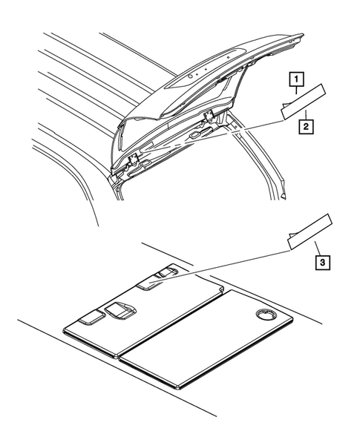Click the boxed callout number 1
[x=296, y=79]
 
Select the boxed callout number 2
[x=306, y=127]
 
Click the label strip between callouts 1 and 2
[x=305, y=103]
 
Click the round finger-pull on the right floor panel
[x=264, y=316]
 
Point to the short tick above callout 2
[x=306, y=114]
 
